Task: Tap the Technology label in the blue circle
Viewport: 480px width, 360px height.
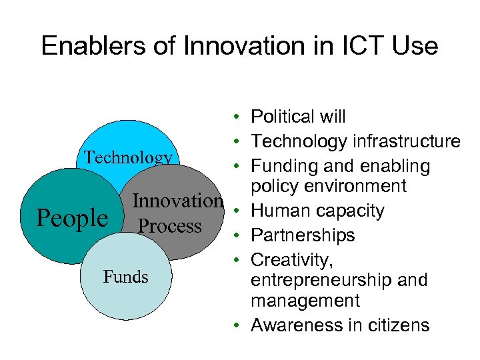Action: [127, 157]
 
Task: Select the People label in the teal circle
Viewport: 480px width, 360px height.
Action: [71, 218]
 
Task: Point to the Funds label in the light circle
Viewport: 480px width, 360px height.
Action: [125, 276]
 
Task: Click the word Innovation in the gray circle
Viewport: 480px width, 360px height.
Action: [177, 201]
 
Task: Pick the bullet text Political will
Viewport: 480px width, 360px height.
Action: [298, 117]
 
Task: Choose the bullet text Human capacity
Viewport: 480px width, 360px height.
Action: [317, 211]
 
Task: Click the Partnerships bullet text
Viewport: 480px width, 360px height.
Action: [303, 235]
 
